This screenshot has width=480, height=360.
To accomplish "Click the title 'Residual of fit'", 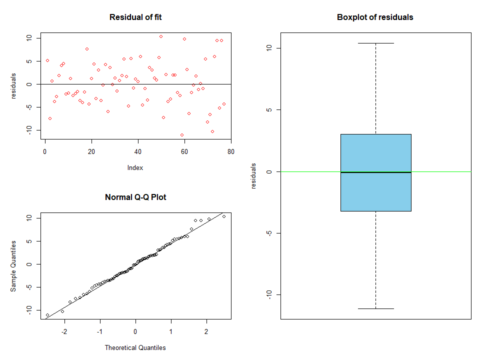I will pyautogui.click(x=135, y=17).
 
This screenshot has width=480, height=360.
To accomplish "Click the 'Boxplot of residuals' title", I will pyautogui.click(x=375, y=17).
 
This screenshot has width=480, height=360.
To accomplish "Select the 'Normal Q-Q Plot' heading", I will pyautogui.click(x=135, y=197).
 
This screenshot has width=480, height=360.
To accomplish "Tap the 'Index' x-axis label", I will pyautogui.click(x=135, y=168).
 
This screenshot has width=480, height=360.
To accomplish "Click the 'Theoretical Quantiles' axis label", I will pyautogui.click(x=135, y=347).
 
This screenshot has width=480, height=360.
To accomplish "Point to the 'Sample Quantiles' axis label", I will pyautogui.click(x=13, y=266).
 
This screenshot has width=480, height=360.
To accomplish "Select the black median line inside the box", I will pyautogui.click(x=375, y=172).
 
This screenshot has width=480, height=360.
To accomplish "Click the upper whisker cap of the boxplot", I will pyautogui.click(x=375, y=43).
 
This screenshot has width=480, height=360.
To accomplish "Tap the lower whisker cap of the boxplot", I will pyautogui.click(x=375, y=308).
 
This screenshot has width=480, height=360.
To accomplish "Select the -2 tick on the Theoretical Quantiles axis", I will pyautogui.click(x=64, y=331).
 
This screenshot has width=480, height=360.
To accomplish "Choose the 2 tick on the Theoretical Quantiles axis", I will pyautogui.click(x=206, y=331).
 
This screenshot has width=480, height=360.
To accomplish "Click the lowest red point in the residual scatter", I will pyautogui.click(x=182, y=135).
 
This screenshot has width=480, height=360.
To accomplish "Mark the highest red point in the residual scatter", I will pyautogui.click(x=161, y=36).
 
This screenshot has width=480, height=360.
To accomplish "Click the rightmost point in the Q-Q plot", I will pyautogui.click(x=224, y=216).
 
